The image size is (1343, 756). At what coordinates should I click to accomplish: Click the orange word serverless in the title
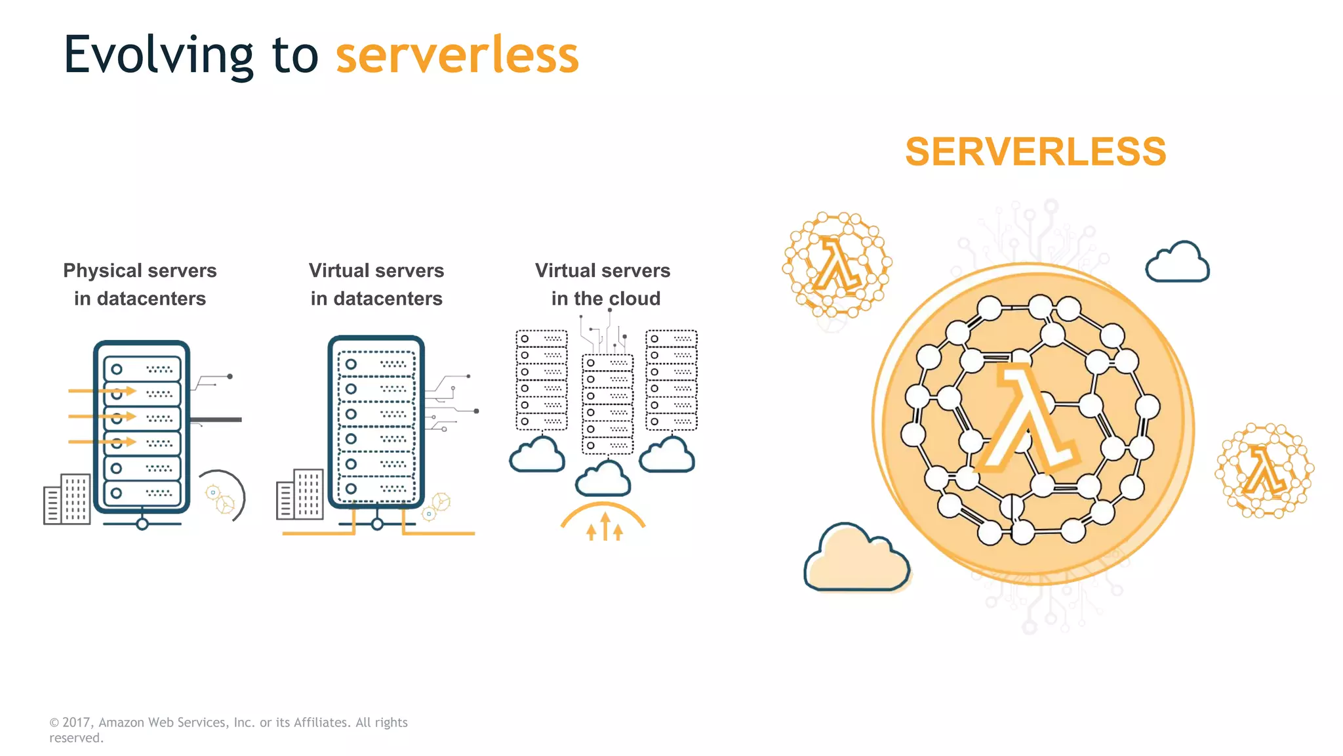coord(457,56)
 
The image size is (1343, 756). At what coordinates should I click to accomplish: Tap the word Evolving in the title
coord(158,56)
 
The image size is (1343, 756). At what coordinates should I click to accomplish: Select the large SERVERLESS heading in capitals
coord(1035,152)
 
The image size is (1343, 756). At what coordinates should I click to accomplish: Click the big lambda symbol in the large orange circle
coord(1030,420)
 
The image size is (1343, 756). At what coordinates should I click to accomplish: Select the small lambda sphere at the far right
coord(1264,470)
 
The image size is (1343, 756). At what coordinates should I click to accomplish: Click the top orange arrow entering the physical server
coord(102,391)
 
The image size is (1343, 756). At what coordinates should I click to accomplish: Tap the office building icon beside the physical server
coord(67,499)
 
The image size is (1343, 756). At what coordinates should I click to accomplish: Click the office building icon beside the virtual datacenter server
coord(300,495)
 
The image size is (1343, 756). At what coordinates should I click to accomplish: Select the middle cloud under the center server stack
coord(603,479)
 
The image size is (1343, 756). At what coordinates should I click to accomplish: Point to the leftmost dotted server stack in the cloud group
coord(542,380)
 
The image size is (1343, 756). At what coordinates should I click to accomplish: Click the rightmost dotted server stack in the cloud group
coord(671,380)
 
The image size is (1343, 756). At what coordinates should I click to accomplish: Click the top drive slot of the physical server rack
coord(142,369)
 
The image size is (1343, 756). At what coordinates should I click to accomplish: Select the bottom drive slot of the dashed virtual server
coord(376,489)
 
